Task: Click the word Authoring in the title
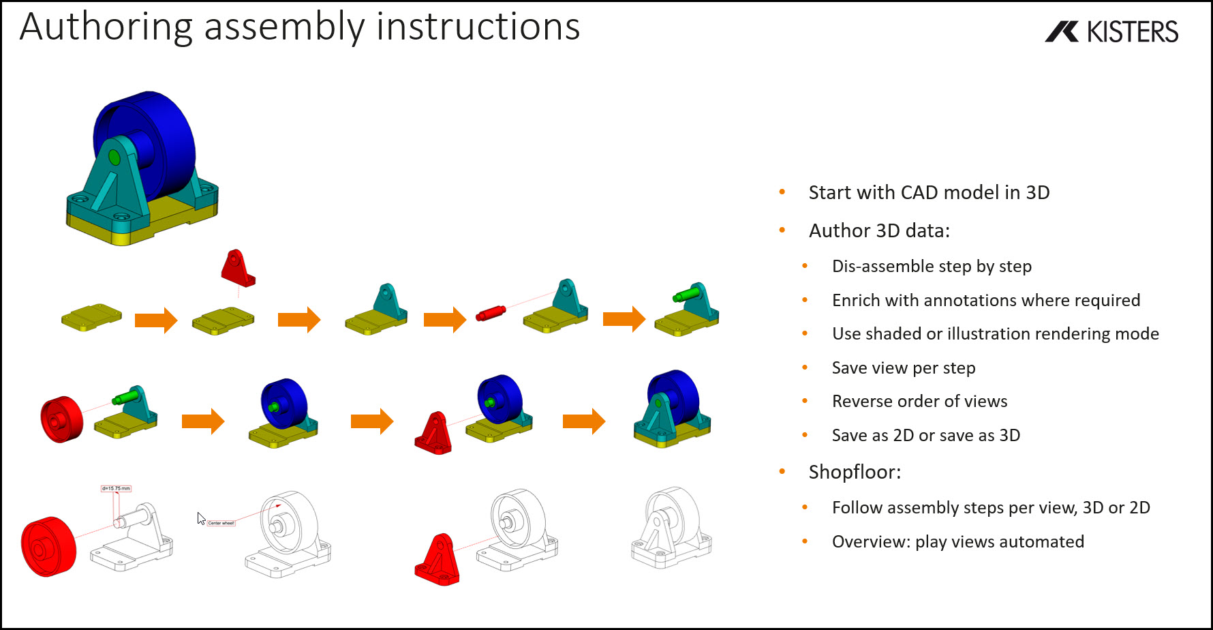(x=106, y=27)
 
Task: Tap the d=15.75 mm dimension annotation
(x=116, y=488)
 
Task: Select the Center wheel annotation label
(x=221, y=523)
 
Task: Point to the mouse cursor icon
(x=201, y=518)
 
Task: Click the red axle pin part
(x=491, y=313)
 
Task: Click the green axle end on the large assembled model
(x=114, y=158)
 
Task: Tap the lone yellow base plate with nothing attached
(x=91, y=317)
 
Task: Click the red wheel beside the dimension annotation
(x=48, y=546)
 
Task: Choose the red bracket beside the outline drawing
(x=437, y=560)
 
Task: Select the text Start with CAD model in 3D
(x=928, y=192)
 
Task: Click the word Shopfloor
(x=854, y=472)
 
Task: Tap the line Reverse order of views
(x=919, y=401)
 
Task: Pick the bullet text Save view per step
(x=903, y=367)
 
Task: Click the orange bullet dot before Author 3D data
(x=782, y=230)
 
